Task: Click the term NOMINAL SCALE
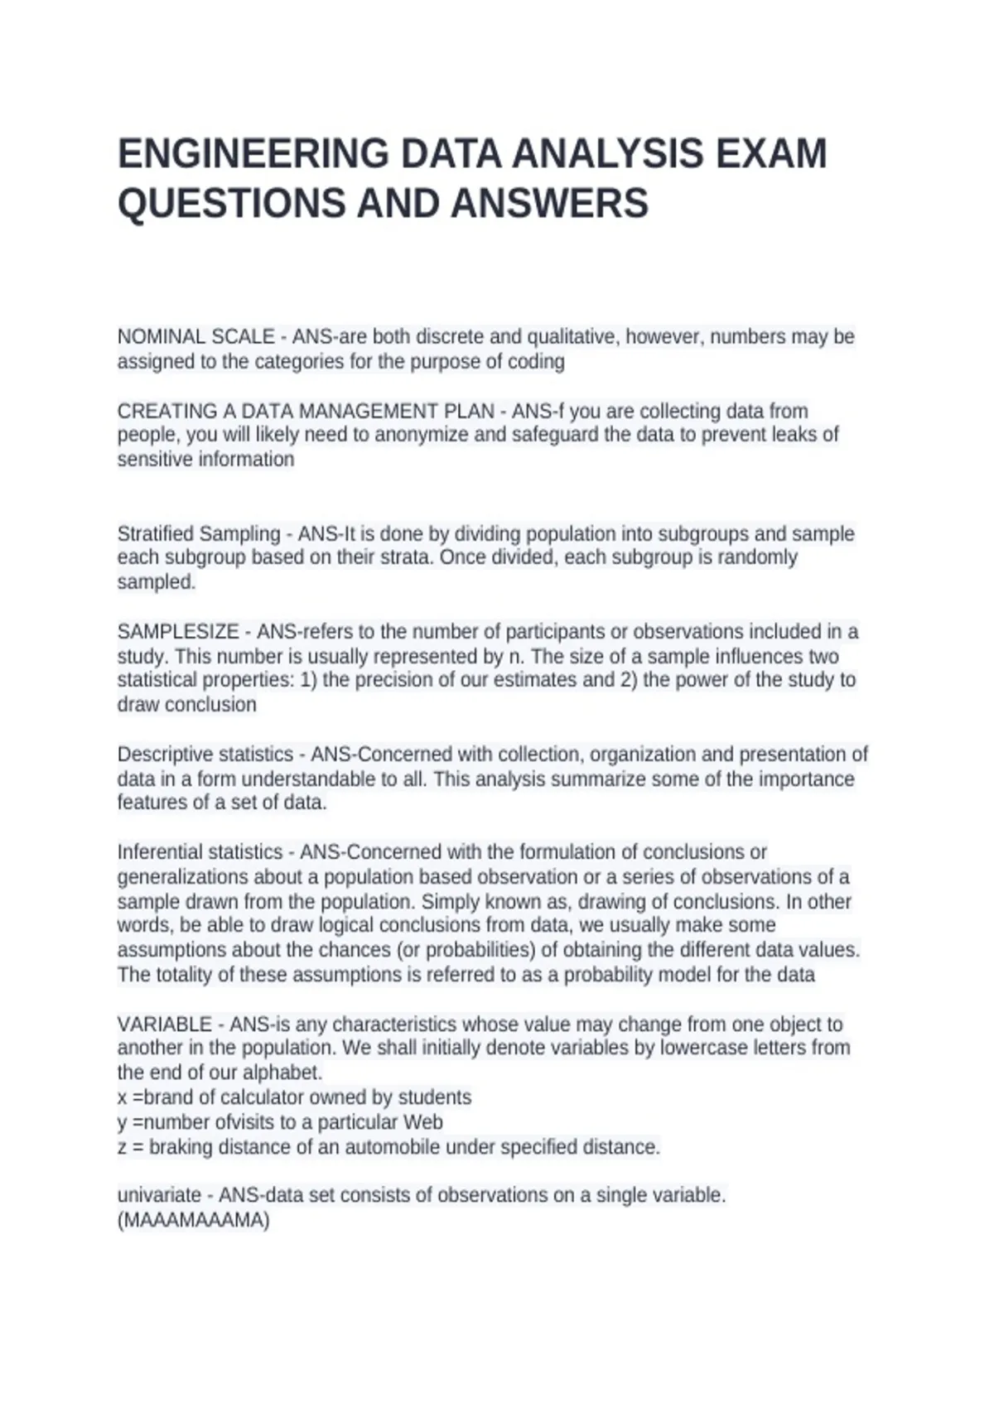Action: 195,337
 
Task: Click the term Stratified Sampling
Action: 199,533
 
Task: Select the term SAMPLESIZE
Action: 178,632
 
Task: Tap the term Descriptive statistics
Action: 205,755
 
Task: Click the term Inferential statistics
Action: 200,852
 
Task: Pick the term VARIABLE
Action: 164,1025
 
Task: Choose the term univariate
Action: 159,1195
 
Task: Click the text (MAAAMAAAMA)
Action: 194,1220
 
